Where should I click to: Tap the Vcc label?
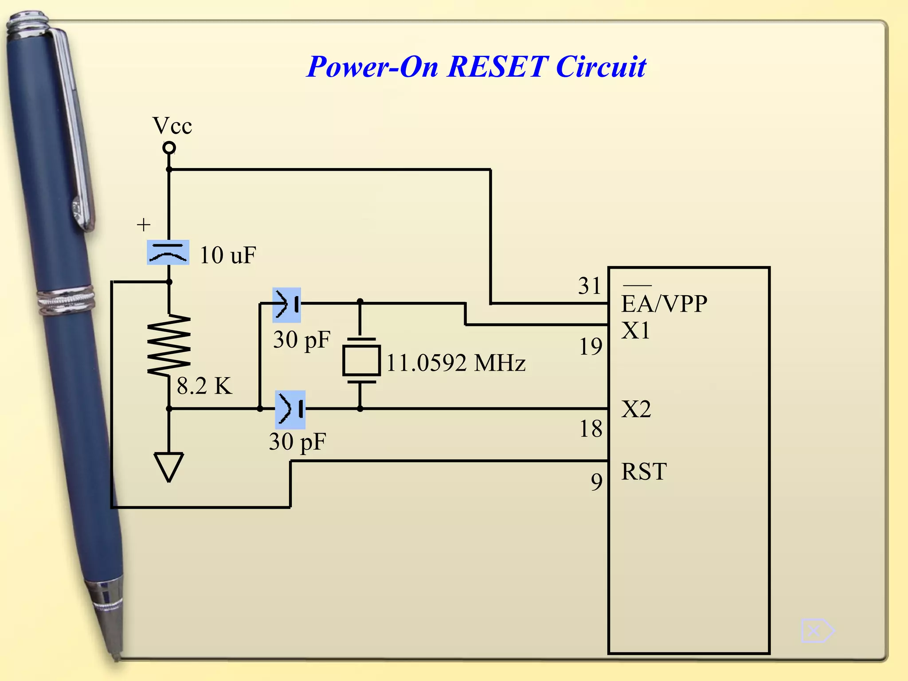[x=172, y=126]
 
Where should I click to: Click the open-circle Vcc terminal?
[x=169, y=148]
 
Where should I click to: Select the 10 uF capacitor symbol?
[x=168, y=252]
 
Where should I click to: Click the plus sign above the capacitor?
[x=143, y=225]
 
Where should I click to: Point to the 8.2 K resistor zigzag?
[x=169, y=346]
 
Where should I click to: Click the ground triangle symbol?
[x=168, y=466]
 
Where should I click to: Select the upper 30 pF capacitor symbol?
[x=287, y=305]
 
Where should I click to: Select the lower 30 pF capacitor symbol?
[x=290, y=409]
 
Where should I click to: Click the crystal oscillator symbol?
[x=361, y=360]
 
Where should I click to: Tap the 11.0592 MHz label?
[x=456, y=363]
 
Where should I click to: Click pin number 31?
[x=589, y=286]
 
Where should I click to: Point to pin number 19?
[x=591, y=347]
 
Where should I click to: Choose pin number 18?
[x=591, y=429]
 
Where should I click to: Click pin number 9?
[x=597, y=481]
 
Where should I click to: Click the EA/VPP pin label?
[x=664, y=304]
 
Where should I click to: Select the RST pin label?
[x=644, y=471]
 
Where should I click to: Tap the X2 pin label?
[x=636, y=409]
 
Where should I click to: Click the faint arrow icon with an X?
[x=817, y=630]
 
